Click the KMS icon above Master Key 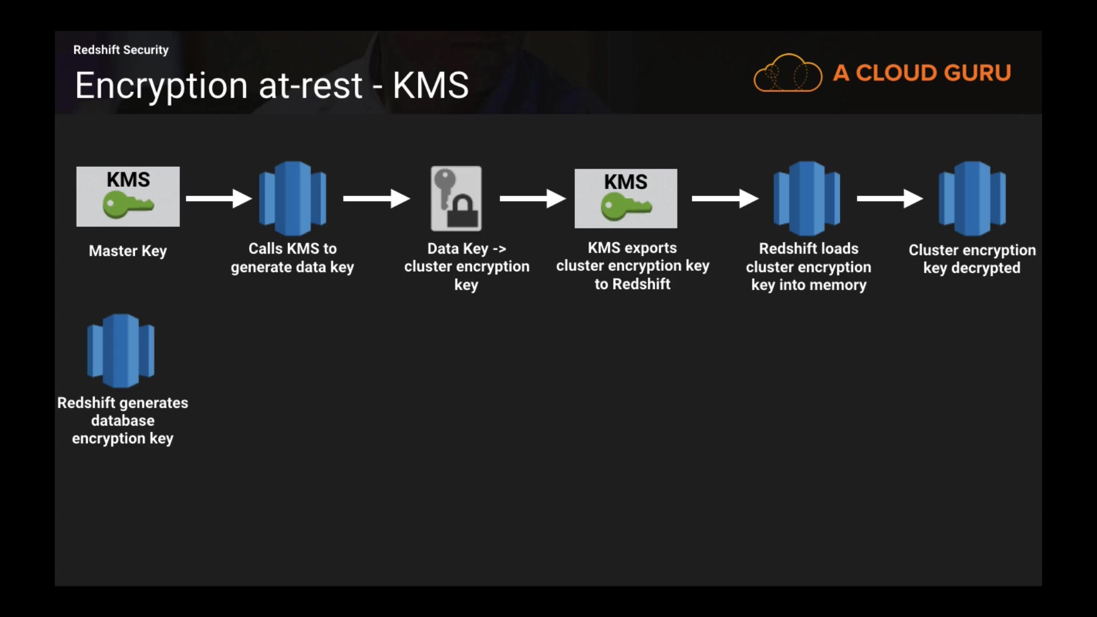128,197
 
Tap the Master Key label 128,251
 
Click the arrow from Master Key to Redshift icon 219,198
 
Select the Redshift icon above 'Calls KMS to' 293,198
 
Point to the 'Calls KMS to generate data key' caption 293,258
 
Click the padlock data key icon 456,198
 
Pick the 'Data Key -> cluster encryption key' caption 467,266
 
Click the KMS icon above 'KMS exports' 626,198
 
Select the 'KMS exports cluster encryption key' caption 632,266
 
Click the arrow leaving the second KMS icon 724,198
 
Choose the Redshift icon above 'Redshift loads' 807,198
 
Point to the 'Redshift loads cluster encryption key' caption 808,267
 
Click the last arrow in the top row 890,198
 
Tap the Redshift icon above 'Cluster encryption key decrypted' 972,198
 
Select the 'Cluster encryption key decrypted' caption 972,259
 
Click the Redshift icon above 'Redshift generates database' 121,351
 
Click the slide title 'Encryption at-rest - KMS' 272,86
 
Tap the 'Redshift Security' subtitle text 121,50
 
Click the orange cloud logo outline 788,73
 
